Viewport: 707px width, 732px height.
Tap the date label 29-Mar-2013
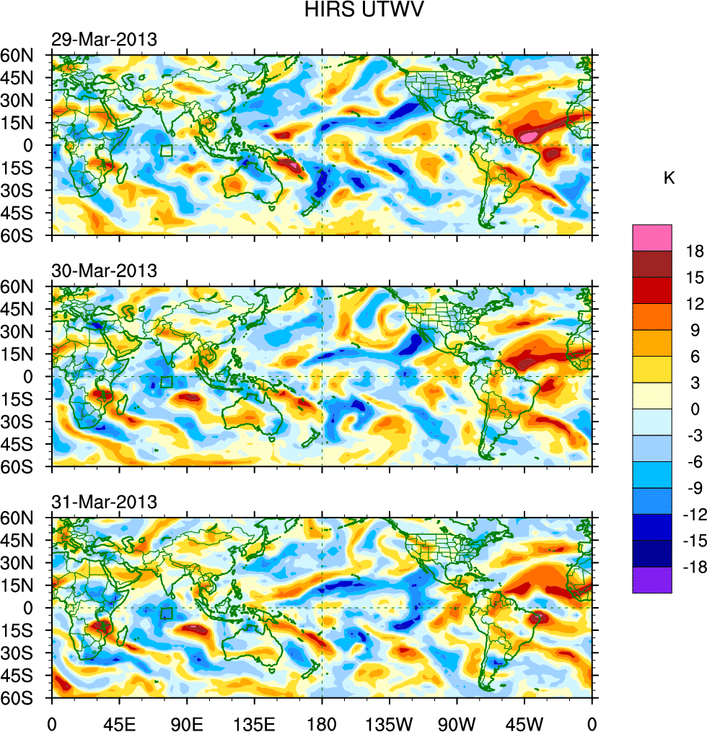[x=104, y=40]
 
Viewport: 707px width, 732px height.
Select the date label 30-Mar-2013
[x=104, y=271]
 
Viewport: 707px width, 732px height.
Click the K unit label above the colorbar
[x=669, y=178]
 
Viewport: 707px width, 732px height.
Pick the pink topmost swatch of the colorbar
[x=652, y=238]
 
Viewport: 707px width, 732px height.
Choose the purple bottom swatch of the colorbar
[x=652, y=580]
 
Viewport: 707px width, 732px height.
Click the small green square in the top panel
[x=167, y=151]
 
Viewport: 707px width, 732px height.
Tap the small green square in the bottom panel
[x=167, y=614]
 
